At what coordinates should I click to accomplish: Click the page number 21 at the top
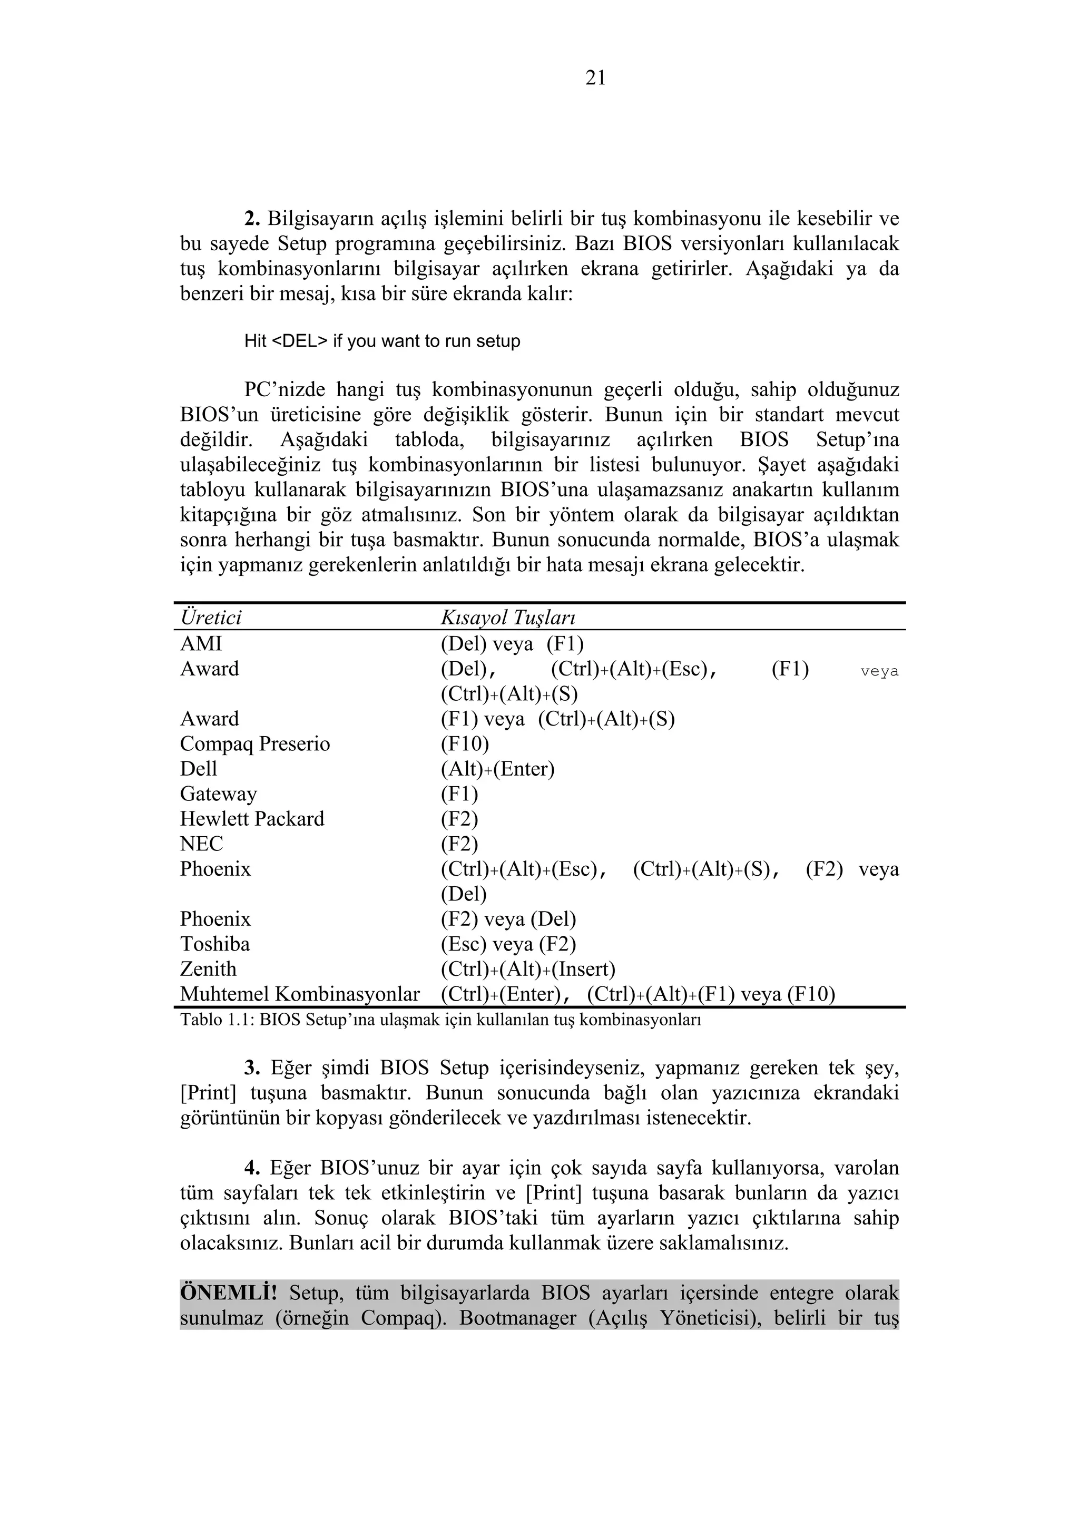click(595, 79)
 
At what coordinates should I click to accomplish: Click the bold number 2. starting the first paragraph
click(252, 218)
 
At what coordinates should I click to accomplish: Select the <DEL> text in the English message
click(299, 341)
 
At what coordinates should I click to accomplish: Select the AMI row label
click(201, 644)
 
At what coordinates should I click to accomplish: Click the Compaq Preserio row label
click(254, 743)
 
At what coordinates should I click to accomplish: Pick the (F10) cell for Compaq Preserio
click(464, 743)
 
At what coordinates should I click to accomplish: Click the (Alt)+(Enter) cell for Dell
click(497, 769)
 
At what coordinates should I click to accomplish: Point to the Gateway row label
click(218, 794)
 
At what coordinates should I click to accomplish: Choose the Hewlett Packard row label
click(252, 819)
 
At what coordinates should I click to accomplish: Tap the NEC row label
click(201, 844)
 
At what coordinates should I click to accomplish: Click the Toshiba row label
click(215, 944)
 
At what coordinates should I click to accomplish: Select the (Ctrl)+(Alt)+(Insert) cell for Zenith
click(528, 969)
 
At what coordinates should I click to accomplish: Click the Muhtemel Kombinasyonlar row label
click(300, 994)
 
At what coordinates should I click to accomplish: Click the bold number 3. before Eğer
click(252, 1068)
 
